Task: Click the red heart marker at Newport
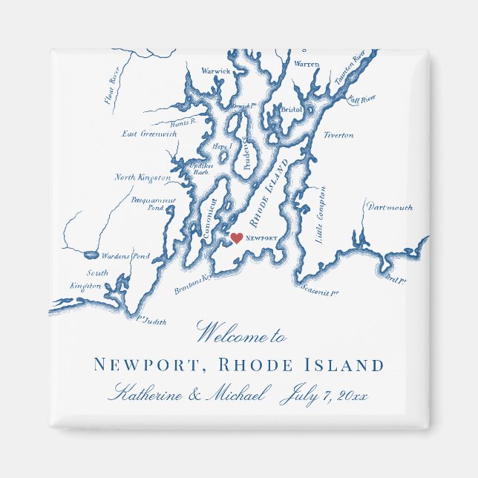[236, 238]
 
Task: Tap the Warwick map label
[216, 71]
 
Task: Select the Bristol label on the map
[291, 109]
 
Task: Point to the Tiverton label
[338, 135]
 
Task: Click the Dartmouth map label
[389, 208]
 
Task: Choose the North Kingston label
[142, 178]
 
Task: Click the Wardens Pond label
[131, 256]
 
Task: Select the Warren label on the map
[307, 65]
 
